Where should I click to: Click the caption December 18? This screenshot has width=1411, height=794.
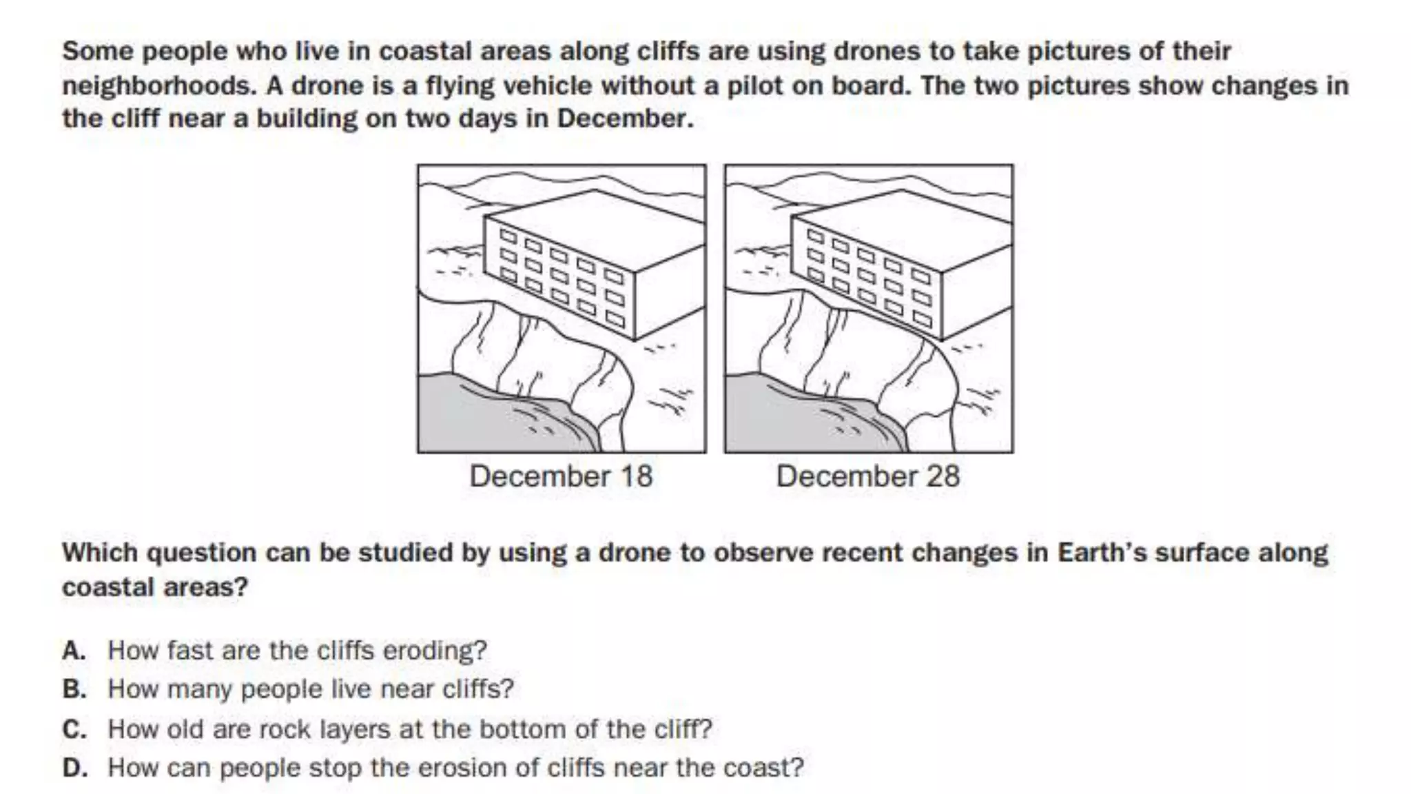[561, 476]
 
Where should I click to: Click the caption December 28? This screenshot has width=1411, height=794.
[868, 476]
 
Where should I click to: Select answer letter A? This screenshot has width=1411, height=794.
[74, 651]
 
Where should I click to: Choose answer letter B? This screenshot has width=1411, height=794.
[74, 689]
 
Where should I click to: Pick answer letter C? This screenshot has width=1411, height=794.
[74, 729]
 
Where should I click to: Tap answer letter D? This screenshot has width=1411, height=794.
[74, 768]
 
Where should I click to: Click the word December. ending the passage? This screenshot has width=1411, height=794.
[625, 119]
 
